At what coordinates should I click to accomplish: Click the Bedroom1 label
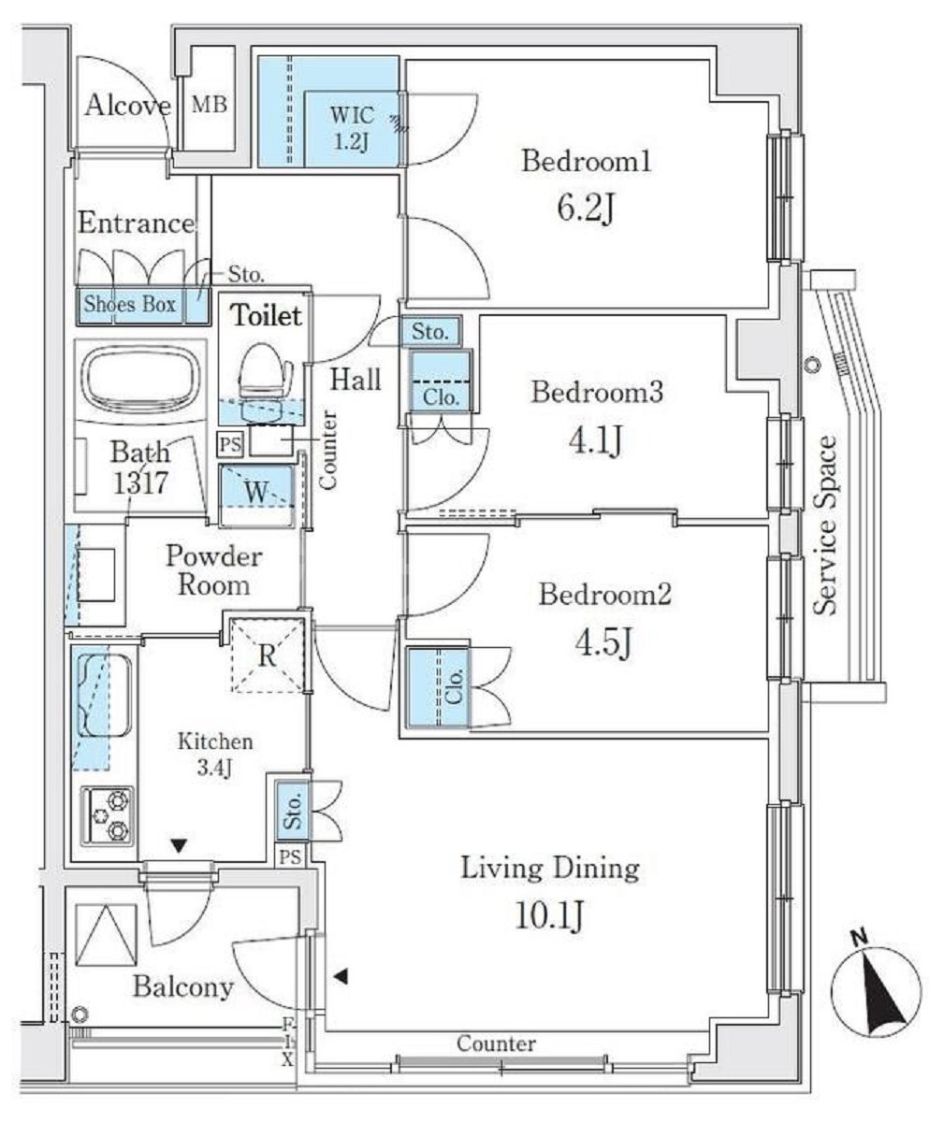(573, 163)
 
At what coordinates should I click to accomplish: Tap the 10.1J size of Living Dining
(549, 915)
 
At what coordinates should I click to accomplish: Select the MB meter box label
(209, 104)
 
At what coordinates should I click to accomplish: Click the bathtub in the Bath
(141, 383)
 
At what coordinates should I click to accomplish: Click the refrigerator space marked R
(268, 654)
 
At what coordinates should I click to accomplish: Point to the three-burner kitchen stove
(107, 817)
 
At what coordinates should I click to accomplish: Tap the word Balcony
(182, 986)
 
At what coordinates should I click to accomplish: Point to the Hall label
(356, 380)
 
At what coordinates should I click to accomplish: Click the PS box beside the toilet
(229, 442)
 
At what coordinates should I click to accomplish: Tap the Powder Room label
(213, 570)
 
